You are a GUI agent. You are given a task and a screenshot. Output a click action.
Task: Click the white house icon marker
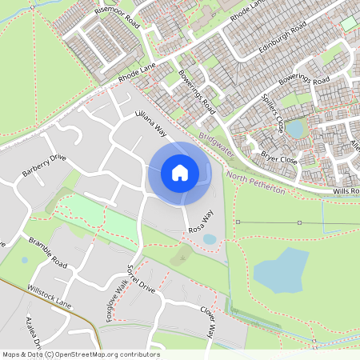(x=179, y=172)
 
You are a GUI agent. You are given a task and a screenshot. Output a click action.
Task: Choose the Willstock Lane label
(x=50, y=295)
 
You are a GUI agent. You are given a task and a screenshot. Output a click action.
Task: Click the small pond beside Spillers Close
(x=296, y=128)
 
